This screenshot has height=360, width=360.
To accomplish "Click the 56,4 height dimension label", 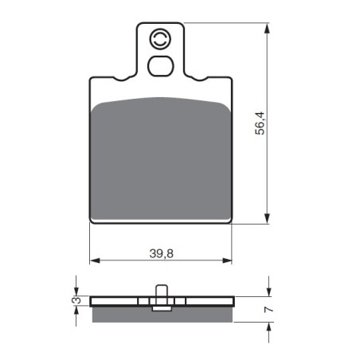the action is [260, 123].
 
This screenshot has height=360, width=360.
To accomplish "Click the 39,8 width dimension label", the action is [162, 253].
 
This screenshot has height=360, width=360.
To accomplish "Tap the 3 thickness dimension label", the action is [76, 300].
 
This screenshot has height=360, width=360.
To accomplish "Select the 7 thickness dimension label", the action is [268, 309].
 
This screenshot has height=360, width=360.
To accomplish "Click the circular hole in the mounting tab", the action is [160, 39].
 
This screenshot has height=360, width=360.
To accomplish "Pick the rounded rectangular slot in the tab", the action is [161, 66].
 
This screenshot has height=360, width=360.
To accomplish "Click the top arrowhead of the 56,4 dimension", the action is [268, 28].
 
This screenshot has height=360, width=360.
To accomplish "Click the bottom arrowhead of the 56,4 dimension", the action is [268, 218].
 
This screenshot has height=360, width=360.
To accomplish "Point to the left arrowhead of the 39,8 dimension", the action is [95, 260].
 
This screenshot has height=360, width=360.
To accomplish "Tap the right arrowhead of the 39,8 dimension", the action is [227, 260].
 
